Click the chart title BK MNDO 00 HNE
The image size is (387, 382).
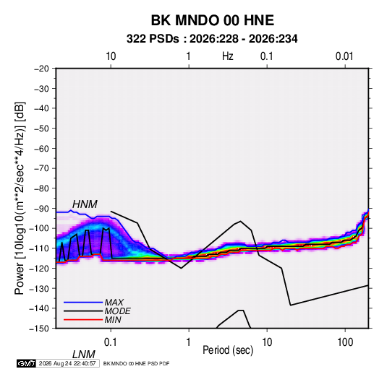tap(212, 20)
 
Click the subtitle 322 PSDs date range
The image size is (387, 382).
tap(212, 39)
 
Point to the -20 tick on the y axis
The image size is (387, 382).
tap(41, 69)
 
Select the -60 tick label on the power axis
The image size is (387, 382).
tap(41, 149)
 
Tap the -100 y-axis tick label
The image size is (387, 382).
tap(40, 228)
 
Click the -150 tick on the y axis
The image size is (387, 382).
tap(40, 329)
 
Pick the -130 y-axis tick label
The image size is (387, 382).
tap(40, 288)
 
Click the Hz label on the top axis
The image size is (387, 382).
tap(228, 56)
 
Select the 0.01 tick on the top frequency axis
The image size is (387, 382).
tap(344, 56)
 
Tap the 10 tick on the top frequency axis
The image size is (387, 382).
tap(111, 56)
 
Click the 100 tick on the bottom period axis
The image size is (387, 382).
tap(345, 342)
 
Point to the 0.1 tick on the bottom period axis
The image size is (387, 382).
tap(110, 342)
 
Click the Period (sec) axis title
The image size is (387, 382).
tap(228, 350)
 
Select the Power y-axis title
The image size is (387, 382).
tap(20, 199)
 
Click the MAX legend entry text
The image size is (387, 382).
tap(114, 303)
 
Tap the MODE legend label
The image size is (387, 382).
tap(117, 311)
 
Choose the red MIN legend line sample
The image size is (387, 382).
tap(83, 320)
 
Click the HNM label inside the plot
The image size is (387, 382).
tap(85, 204)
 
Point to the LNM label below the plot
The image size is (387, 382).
tap(84, 355)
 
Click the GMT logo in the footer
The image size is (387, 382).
tap(26, 363)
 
